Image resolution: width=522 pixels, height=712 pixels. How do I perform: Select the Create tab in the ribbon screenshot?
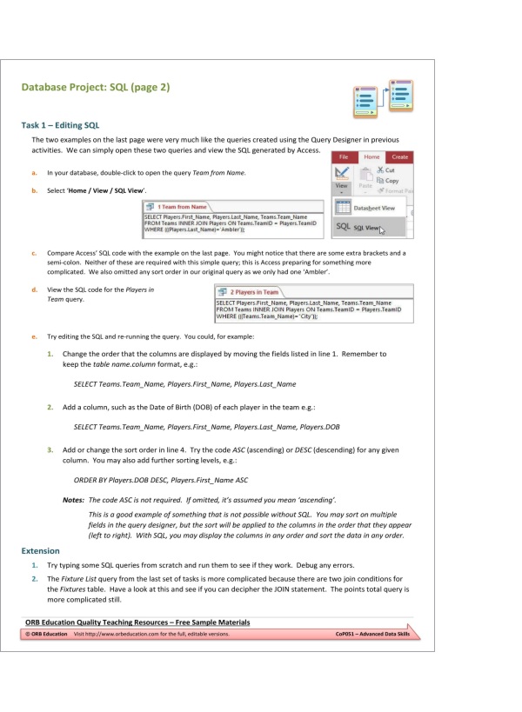[399, 156]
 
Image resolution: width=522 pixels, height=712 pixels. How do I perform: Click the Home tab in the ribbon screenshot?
[371, 156]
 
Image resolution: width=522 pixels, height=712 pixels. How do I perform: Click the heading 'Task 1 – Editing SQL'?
[60, 125]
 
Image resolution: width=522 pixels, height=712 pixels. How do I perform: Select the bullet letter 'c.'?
[33, 253]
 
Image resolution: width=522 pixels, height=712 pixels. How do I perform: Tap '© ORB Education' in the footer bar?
[46, 635]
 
